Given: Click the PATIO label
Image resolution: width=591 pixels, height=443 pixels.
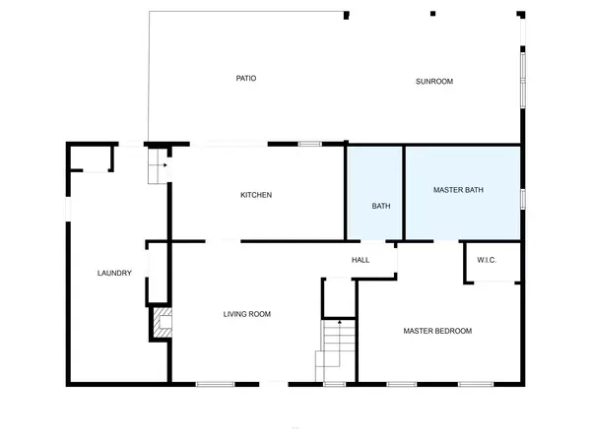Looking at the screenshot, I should tap(246, 79).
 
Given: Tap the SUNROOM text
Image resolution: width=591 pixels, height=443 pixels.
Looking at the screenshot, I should tap(433, 81).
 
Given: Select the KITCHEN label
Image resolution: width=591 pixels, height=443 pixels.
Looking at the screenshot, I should tap(256, 195).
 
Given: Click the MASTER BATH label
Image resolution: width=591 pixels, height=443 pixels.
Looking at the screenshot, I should tap(458, 189).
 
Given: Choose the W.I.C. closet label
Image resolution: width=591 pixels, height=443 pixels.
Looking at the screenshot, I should tap(486, 260).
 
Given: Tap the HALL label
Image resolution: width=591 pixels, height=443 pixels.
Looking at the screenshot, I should tap(361, 260).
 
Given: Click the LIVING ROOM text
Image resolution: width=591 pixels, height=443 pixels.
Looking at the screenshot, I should tap(246, 314).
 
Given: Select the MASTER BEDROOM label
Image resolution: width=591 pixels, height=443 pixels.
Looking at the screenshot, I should tap(437, 331).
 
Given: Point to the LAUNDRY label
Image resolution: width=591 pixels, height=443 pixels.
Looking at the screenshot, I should tap(114, 273).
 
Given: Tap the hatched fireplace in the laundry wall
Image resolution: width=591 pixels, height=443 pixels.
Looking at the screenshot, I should tap(162, 321).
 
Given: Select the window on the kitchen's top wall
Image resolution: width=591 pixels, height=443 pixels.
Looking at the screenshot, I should tap(310, 145).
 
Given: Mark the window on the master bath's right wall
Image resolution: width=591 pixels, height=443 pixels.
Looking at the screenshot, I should tap(523, 198).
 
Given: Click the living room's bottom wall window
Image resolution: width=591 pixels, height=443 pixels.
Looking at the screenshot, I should tap(215, 383).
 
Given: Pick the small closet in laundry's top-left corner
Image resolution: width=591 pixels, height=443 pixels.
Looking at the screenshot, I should tap(91, 158).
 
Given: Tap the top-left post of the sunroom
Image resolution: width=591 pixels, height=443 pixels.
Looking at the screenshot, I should tap(347, 15).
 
